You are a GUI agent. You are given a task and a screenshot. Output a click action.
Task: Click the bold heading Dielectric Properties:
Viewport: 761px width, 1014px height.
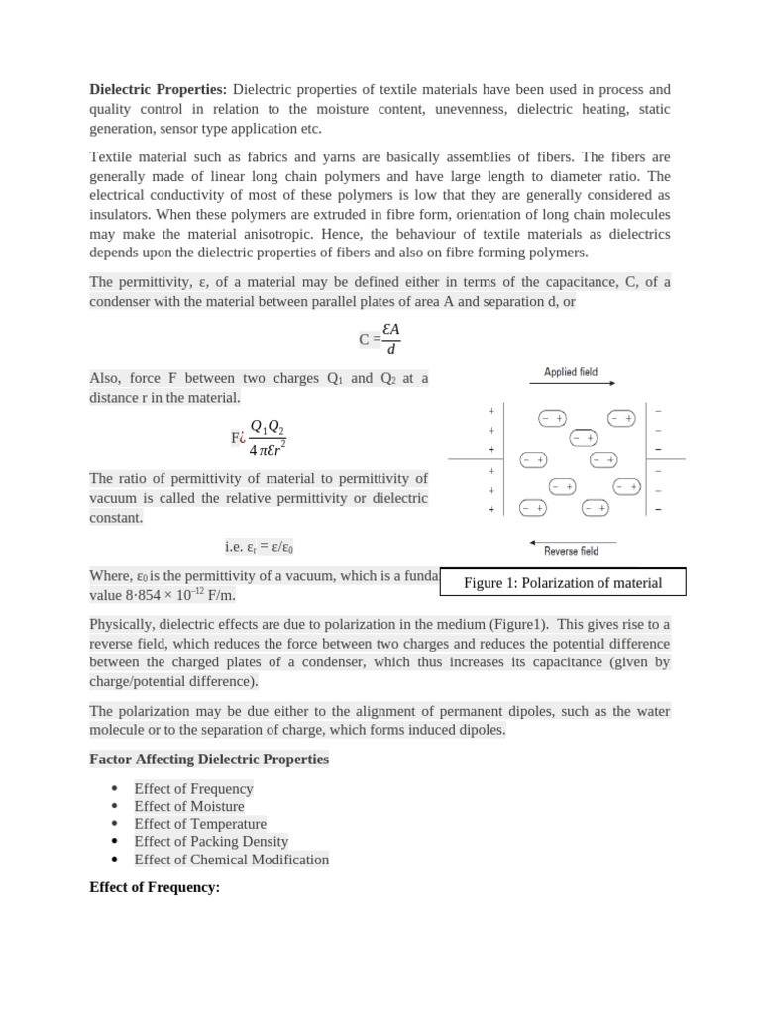158,90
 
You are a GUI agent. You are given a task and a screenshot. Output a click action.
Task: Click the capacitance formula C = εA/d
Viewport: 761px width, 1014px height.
380,339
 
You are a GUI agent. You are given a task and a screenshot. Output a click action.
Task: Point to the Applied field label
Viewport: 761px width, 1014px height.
571,372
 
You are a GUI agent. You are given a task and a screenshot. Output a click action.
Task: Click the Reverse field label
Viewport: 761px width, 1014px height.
572,551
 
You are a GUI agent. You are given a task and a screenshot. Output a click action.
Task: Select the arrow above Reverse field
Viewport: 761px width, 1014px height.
573,541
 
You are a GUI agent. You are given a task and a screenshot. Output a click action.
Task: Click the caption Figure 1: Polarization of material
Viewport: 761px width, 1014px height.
562,583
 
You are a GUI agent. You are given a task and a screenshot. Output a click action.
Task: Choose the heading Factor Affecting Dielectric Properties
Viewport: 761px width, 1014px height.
209,760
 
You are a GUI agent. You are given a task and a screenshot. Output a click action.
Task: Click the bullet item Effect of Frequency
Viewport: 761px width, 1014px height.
193,789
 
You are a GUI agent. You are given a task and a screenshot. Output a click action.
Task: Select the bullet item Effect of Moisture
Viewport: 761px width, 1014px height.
188,807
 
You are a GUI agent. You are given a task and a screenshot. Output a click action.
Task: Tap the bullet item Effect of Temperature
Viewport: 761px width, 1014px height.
200,824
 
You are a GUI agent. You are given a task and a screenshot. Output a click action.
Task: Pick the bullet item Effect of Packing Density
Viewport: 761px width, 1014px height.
211,842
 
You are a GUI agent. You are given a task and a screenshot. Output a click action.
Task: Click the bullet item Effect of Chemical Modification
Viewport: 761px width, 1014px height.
231,860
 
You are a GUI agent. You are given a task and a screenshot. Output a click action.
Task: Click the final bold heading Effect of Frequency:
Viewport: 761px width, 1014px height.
154,887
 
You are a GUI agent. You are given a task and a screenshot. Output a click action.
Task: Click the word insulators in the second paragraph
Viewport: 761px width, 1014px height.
122,215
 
